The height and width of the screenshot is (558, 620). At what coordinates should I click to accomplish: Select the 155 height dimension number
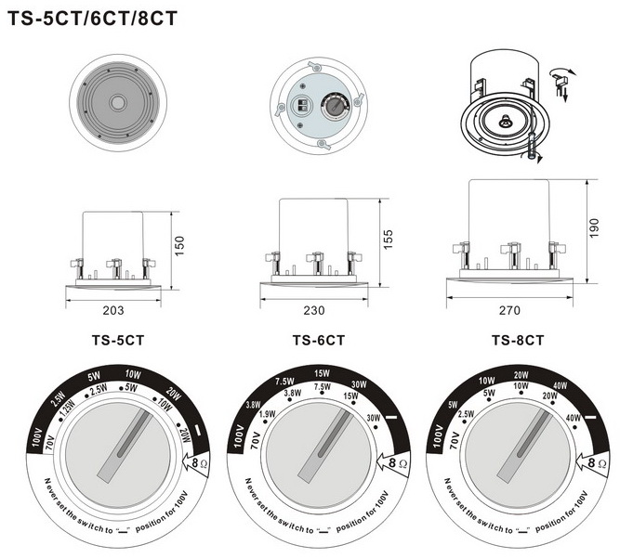pyautogui.click(x=388, y=239)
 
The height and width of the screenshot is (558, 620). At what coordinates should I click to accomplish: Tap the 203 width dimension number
pyautogui.click(x=112, y=309)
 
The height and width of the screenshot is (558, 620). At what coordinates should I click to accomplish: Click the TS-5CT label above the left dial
pyautogui.click(x=118, y=340)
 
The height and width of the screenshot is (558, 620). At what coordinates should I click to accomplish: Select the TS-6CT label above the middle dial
pyautogui.click(x=318, y=341)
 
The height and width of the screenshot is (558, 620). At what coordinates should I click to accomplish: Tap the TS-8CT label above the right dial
pyautogui.click(x=518, y=341)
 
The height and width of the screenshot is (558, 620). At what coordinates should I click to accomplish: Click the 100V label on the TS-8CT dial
pyautogui.click(x=437, y=434)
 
